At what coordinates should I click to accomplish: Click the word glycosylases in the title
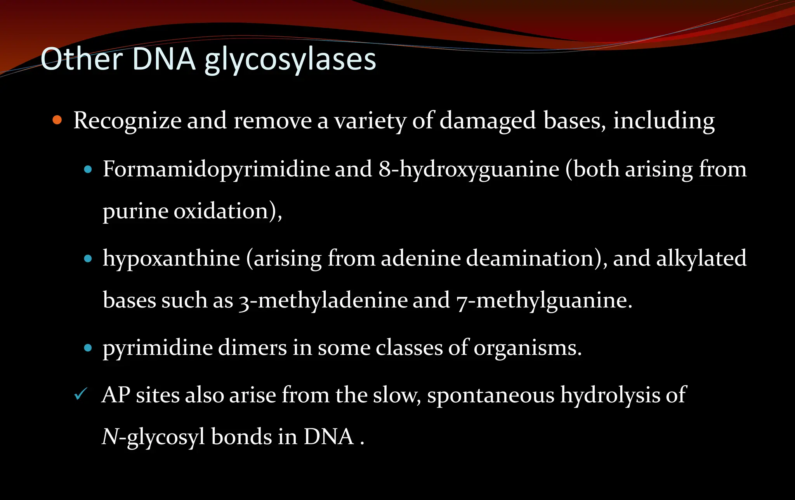tap(290, 60)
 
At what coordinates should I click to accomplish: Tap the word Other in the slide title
tap(82, 59)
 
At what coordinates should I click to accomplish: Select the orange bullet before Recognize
tap(57, 120)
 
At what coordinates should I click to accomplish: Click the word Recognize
tap(127, 121)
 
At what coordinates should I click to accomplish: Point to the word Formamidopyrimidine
tap(216, 170)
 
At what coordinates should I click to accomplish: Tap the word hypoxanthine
tap(171, 259)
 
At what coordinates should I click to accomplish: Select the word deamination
tap(530, 258)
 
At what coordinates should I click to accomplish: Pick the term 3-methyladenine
tap(323, 300)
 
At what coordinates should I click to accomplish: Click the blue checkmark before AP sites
tap(80, 394)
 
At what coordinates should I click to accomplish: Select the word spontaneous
tap(491, 396)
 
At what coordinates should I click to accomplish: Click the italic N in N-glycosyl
tap(109, 437)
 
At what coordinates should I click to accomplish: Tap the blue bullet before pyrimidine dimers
tap(88, 347)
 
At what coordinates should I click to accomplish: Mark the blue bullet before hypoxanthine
tap(88, 259)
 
